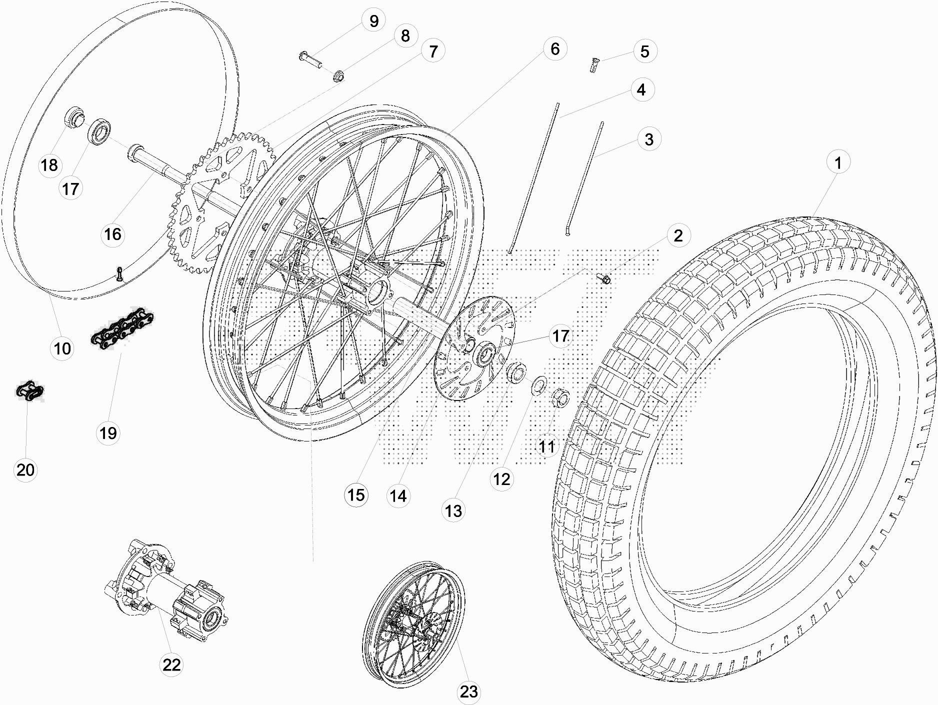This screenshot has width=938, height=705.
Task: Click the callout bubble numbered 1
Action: click(838, 162)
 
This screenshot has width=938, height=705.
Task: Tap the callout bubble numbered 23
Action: click(468, 692)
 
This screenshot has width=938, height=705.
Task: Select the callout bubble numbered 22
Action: click(171, 665)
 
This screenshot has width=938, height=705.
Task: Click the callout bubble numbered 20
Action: click(25, 470)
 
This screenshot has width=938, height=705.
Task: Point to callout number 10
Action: click(62, 348)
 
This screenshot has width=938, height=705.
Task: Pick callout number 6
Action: click(555, 49)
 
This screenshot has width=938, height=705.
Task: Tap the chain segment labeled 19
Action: click(122, 328)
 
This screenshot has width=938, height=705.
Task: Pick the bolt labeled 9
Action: click(310, 58)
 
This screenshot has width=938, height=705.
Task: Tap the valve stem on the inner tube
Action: click(119, 274)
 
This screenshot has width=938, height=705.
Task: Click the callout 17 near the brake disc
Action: click(560, 336)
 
